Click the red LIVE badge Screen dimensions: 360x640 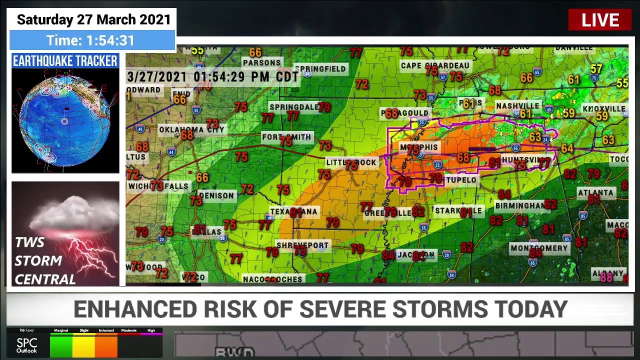[x=599, y=20]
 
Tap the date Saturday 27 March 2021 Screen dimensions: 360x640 [x=93, y=19]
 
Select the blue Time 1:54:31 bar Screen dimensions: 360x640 [x=92, y=40]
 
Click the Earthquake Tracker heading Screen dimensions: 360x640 [x=65, y=61]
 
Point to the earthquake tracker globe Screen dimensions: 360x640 [x=65, y=120]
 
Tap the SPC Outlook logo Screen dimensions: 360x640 [x=26, y=345]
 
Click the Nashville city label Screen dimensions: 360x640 [x=517, y=106]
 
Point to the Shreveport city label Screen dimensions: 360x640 [x=302, y=245]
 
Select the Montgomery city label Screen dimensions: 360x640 [x=539, y=248]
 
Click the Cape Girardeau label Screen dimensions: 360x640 [x=435, y=65]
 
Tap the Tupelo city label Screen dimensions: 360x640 [x=461, y=180]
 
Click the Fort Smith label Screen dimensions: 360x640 [x=286, y=137]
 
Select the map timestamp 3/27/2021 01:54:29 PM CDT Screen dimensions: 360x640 [x=212, y=77]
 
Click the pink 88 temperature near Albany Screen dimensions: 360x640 [x=606, y=277]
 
